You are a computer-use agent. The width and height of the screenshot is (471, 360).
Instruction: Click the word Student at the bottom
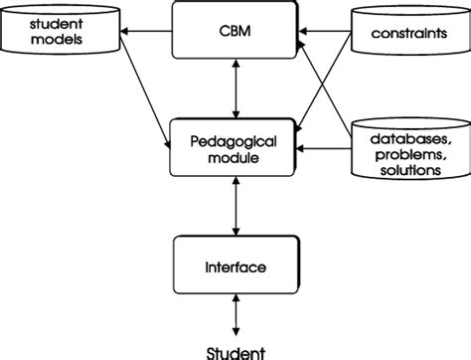(x=235, y=349)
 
